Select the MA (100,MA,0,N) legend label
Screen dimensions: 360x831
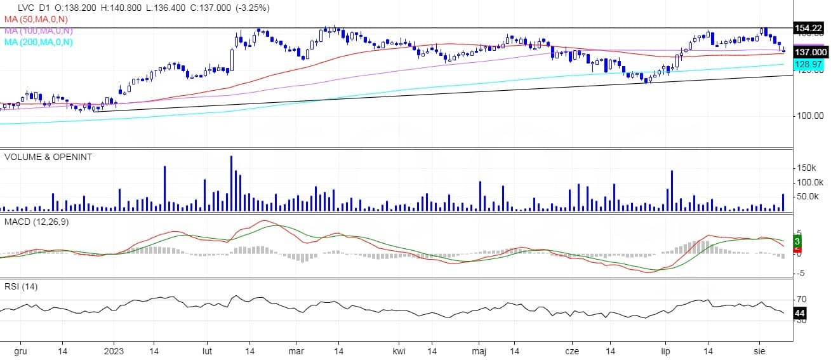(x=38, y=30)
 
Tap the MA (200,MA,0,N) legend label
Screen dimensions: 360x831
(x=38, y=42)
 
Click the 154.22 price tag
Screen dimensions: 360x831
(x=809, y=27)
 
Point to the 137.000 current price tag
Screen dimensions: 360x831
(x=811, y=52)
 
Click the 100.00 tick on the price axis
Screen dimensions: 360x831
(x=809, y=116)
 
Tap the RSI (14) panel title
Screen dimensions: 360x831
(x=21, y=286)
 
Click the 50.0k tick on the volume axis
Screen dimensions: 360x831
(x=809, y=197)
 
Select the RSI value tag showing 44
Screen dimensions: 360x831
(x=800, y=313)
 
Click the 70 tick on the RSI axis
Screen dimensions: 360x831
(x=802, y=299)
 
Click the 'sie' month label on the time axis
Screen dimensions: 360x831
(x=759, y=350)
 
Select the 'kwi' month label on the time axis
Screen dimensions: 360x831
(x=399, y=350)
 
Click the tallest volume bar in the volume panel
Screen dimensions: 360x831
(x=231, y=183)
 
